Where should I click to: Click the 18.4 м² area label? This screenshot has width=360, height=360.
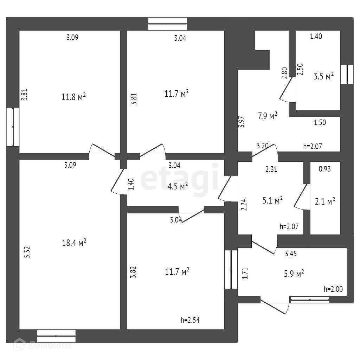tap(74, 243)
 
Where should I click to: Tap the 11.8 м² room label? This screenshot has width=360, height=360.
tap(73, 97)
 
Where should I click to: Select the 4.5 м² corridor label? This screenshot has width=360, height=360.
tap(178, 186)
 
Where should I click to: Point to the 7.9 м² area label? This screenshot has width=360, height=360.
tap(268, 116)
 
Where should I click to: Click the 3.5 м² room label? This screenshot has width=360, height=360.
tap(324, 76)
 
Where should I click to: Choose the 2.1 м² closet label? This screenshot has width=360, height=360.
tap(325, 201)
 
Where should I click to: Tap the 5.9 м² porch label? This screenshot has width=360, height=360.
tap(294, 274)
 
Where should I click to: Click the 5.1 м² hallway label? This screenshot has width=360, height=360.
tap(272, 200)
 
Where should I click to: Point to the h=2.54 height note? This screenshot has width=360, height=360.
tap(190, 320)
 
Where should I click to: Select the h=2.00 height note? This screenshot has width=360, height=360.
tap(333, 289)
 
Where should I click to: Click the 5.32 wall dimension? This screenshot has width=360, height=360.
tap(27, 252)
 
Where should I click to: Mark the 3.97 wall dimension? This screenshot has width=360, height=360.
tap(241, 122)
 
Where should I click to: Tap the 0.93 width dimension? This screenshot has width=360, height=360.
tap(324, 169)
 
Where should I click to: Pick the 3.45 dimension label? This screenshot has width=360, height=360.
tap(291, 253)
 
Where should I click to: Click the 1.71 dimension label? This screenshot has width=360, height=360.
tap(245, 273)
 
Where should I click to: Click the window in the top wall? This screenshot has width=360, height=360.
tap(167, 24)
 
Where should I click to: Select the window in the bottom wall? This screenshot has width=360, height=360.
tap(56, 336)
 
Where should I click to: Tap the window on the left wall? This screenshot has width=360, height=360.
tap(13, 127)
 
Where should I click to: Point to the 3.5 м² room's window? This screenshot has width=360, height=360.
tap(347, 74)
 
